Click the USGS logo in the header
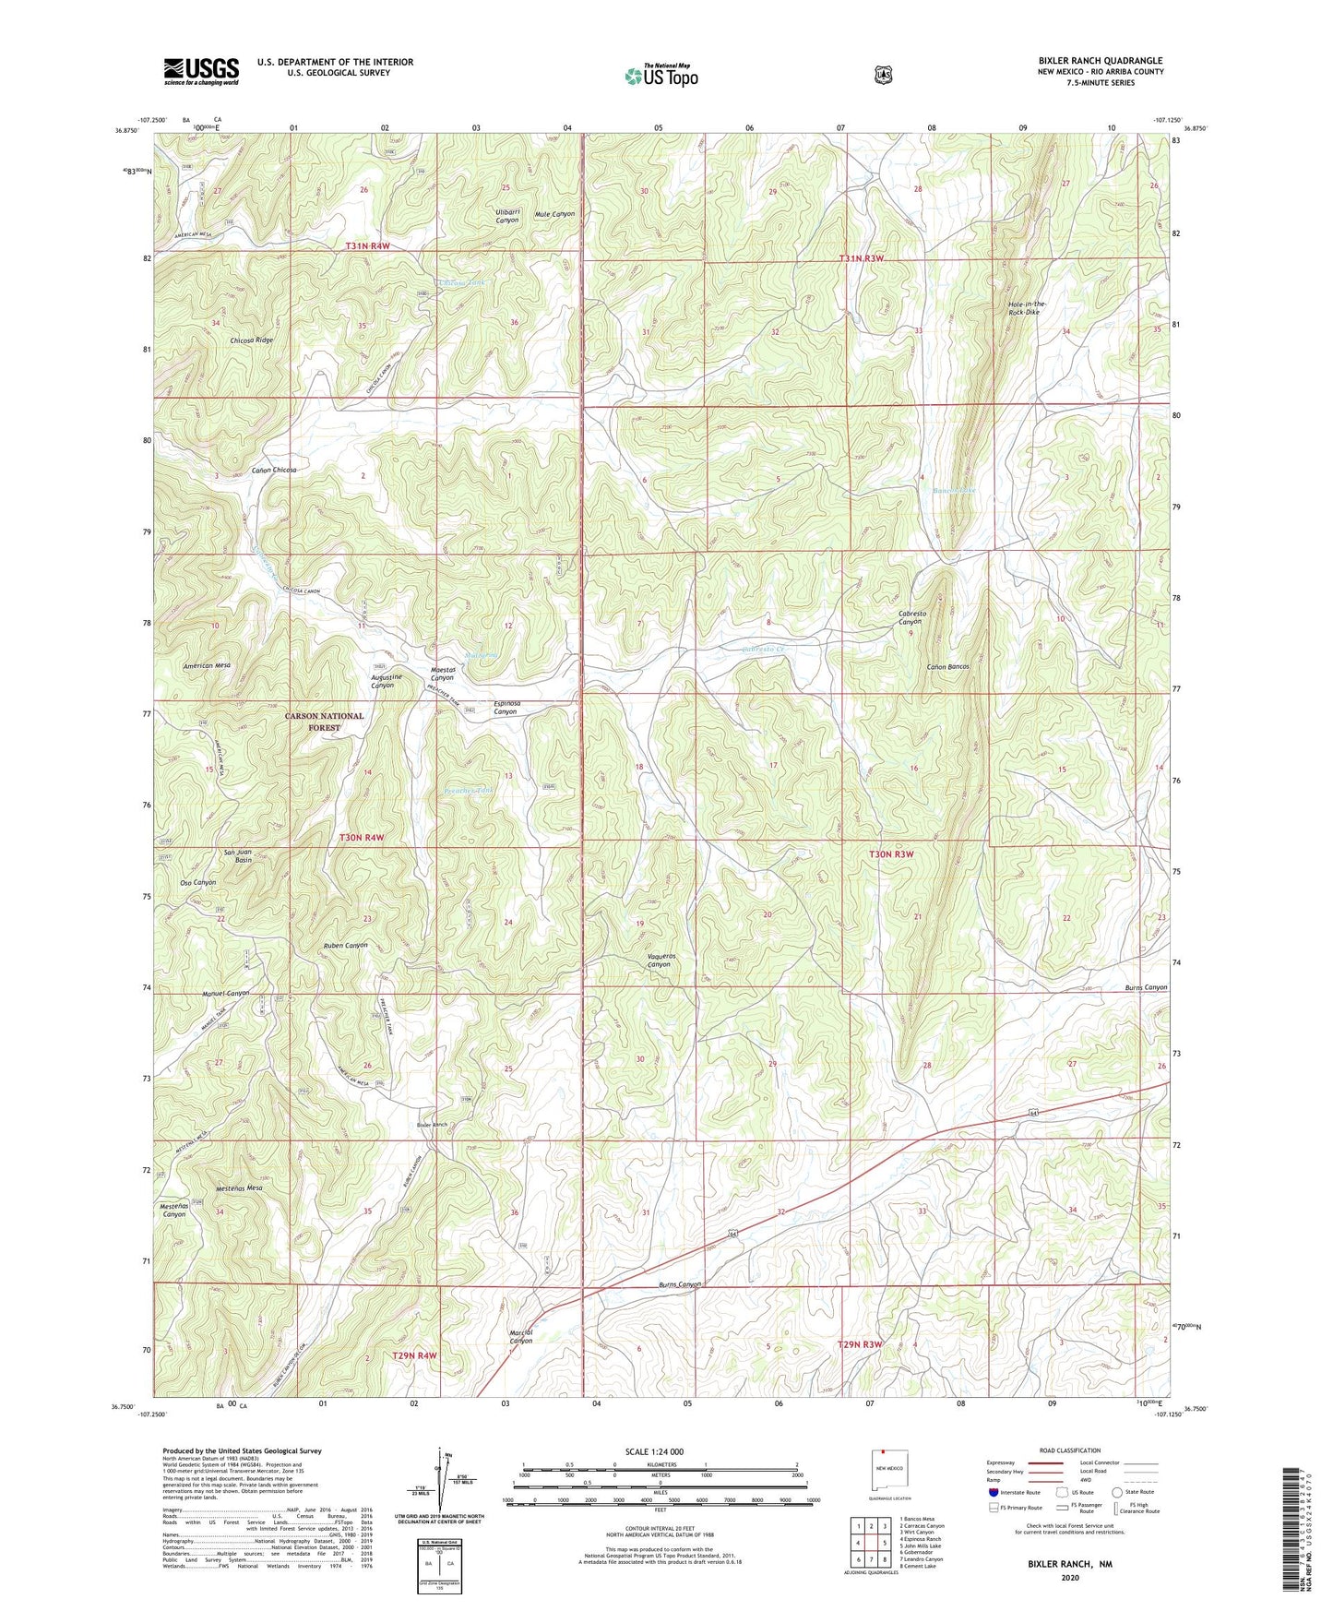point(201,71)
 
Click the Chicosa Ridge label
point(252,340)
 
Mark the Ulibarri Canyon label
point(508,216)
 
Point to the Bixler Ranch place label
point(432,1125)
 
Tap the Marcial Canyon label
point(521,1336)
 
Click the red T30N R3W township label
point(891,854)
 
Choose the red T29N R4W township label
point(413,1355)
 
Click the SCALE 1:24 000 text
point(654,1451)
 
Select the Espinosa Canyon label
point(506,708)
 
